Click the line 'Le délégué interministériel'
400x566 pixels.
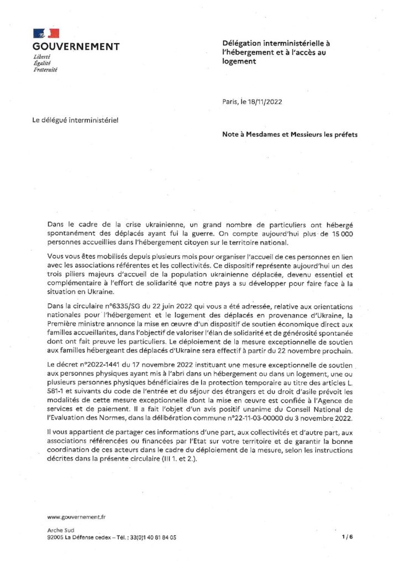point(76,119)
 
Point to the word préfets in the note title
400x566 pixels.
point(343,134)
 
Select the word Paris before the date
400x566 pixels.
point(228,101)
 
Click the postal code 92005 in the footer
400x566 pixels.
point(56,537)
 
